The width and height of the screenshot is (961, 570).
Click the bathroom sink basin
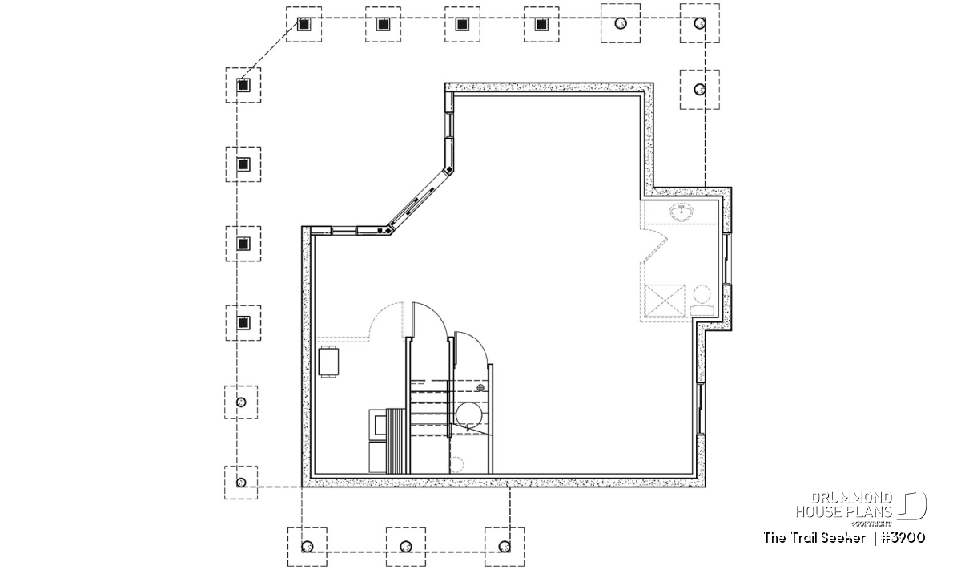point(682,212)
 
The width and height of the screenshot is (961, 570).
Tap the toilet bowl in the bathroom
point(702,294)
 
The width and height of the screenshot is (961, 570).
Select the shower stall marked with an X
point(665,301)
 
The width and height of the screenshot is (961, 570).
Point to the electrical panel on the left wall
point(328,362)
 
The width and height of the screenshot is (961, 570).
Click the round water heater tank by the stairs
point(469,415)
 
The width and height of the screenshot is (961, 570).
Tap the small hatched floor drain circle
point(480,387)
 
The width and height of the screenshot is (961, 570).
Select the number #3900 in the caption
point(903,538)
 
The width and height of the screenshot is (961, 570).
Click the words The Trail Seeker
point(814,538)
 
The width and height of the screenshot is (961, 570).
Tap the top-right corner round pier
point(700,23)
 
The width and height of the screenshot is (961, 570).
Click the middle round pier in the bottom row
point(406,547)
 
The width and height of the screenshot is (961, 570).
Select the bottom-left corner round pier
point(241,483)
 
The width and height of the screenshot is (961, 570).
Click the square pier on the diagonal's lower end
point(243,85)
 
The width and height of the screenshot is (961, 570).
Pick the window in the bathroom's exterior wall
point(726,259)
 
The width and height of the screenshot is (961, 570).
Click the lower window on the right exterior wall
point(701,409)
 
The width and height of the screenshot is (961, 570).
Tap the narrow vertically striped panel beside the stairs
point(396,441)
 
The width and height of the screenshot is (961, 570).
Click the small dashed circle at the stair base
point(457,464)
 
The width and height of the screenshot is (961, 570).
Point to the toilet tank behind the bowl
point(702,310)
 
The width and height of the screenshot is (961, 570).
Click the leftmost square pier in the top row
point(304,25)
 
